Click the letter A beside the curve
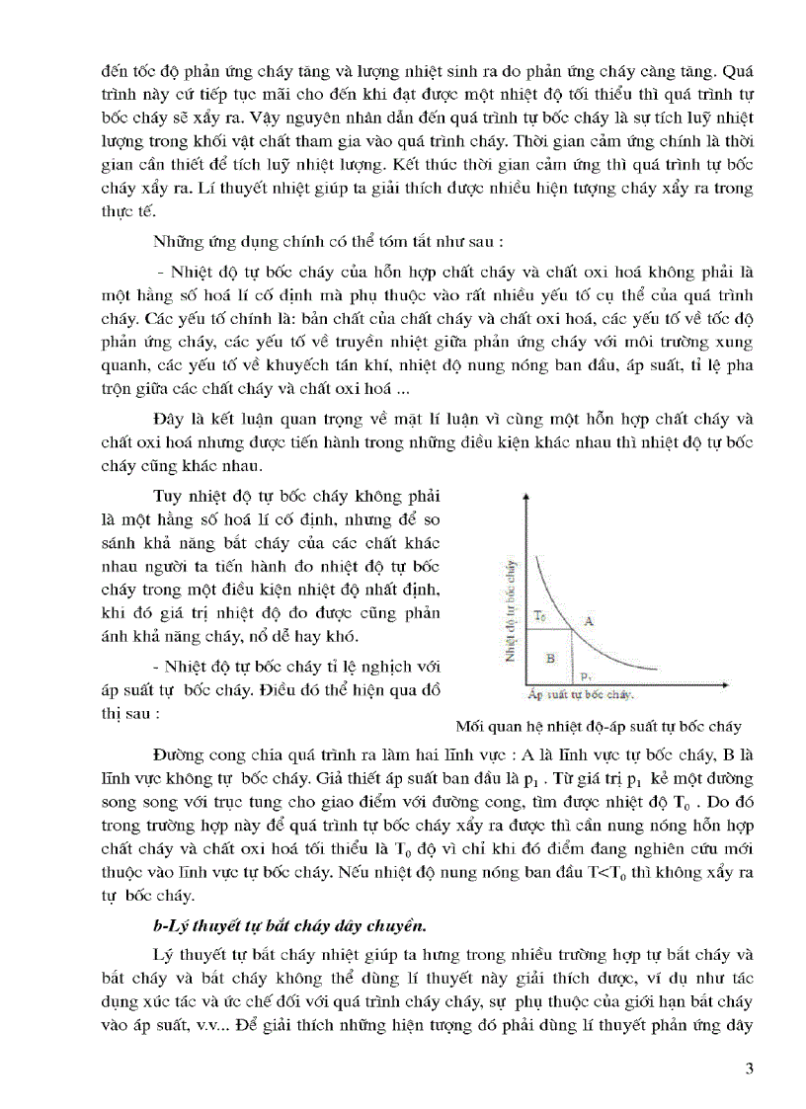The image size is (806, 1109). coord(589,621)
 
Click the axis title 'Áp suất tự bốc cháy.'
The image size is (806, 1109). coord(581,695)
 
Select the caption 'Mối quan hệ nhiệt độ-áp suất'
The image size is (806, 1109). coord(612,726)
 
